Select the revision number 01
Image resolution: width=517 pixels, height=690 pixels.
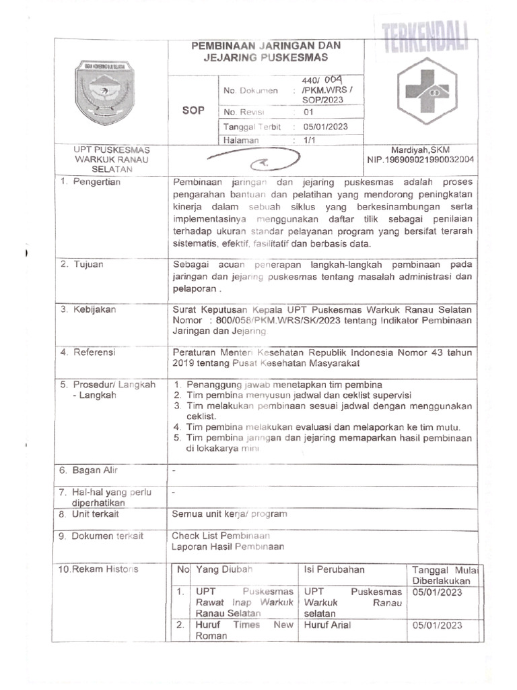click(x=309, y=113)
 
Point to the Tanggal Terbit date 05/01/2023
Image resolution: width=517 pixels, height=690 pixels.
click(x=325, y=127)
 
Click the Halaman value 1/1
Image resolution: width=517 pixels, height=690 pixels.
click(x=309, y=140)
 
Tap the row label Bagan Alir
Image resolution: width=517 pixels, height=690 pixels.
click(x=92, y=469)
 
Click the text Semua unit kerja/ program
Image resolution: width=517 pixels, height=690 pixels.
click(x=230, y=513)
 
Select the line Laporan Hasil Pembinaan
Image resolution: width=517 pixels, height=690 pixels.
click(x=228, y=546)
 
